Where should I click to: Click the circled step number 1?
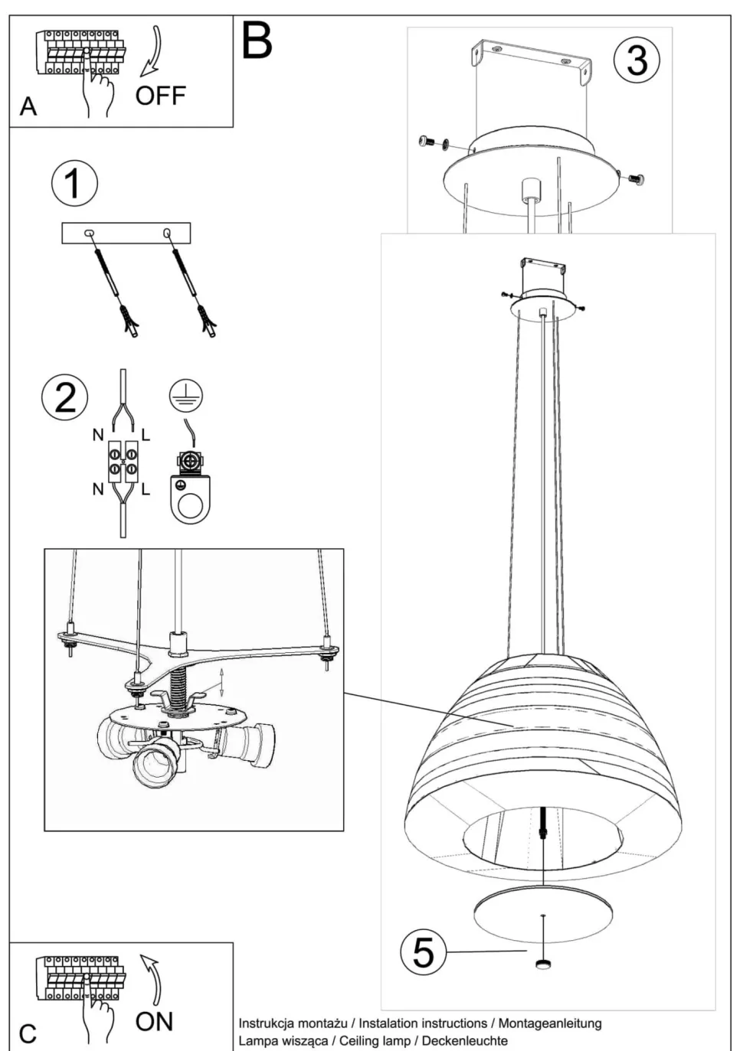tap(74, 184)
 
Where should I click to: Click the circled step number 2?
tap(65, 397)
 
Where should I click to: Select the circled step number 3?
tap(637, 60)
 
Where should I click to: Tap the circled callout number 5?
tap(424, 951)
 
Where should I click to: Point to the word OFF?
tap(161, 96)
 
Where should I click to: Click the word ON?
tap(154, 1021)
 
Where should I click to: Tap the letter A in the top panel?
tap(28, 106)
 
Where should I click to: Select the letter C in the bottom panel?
tap(28, 1034)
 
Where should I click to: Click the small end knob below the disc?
tap(543, 965)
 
